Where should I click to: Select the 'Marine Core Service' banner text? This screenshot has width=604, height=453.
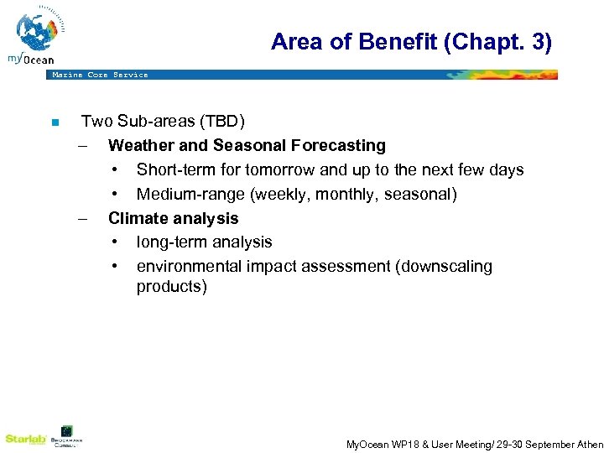pos(100,75)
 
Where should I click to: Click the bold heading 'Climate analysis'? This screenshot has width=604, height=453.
pos(173,218)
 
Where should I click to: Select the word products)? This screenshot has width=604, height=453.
pos(171,287)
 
